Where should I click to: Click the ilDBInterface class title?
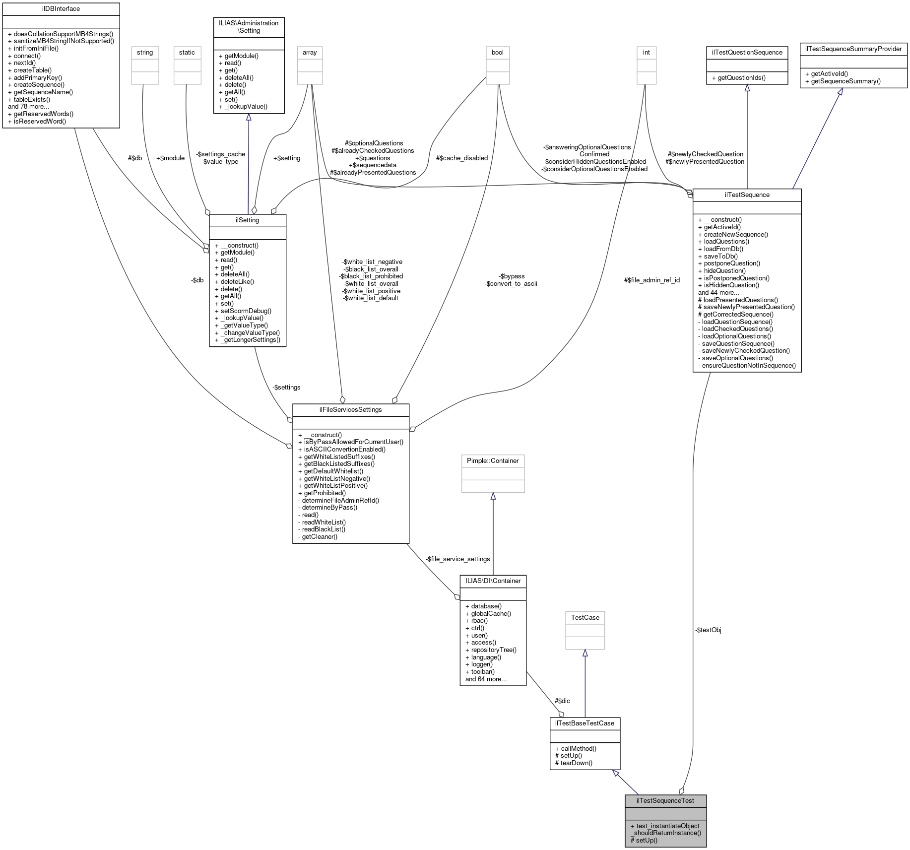[61, 9]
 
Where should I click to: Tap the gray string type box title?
[145, 53]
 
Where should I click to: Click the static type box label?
[187, 53]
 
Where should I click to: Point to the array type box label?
[310, 53]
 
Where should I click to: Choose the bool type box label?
[497, 53]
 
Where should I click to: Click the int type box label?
[646, 53]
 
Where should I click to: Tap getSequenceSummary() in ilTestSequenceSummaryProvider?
[845, 81]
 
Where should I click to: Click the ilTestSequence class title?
[747, 195]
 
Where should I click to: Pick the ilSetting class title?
[247, 220]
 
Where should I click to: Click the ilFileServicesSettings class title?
[350, 410]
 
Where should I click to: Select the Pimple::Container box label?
[493, 461]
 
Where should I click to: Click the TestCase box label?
[585, 618]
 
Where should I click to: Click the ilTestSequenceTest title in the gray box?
[665, 800]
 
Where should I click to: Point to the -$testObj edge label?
[708, 630]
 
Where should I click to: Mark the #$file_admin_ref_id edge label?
[651, 280]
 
